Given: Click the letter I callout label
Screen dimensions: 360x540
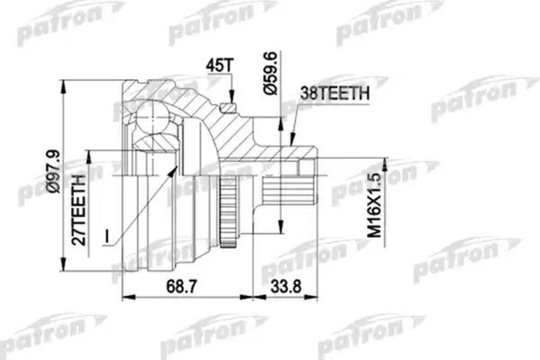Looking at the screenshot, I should point(107,236).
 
